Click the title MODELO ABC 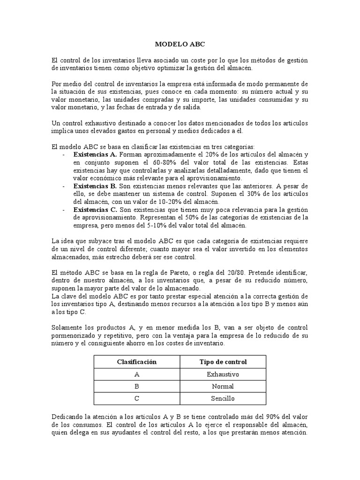click(180, 45)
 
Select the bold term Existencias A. click(95, 154)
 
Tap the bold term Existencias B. click(95, 186)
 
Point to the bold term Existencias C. click(95, 209)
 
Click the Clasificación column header click(136, 362)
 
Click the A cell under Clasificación click(136, 375)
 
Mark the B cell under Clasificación click(136, 387)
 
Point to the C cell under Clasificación click(136, 399)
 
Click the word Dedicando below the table click(68, 417)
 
